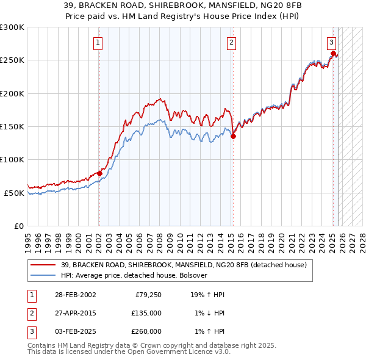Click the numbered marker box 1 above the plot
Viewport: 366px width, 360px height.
click(99, 42)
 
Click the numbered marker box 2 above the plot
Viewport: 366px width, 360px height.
click(232, 42)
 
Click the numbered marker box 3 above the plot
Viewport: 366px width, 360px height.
click(331, 42)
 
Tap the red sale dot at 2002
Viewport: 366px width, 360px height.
click(99, 173)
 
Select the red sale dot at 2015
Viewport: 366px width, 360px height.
click(233, 137)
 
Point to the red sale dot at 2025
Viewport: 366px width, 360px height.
click(333, 54)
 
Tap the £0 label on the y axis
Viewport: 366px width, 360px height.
click(18, 226)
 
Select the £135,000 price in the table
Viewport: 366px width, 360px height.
click(146, 313)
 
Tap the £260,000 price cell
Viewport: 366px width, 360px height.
click(146, 331)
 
